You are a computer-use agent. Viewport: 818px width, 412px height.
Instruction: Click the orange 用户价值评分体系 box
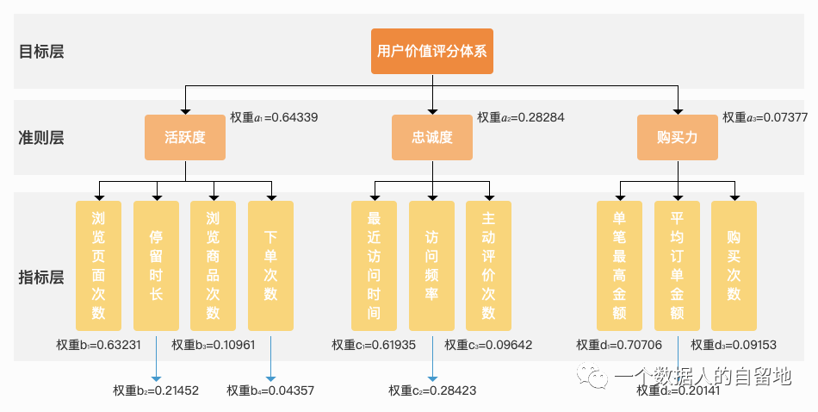[432, 51]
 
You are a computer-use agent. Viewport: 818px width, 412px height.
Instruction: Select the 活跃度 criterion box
[185, 137]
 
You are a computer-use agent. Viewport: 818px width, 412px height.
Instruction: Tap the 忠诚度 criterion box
[432, 137]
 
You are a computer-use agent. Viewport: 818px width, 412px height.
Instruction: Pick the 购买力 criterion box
[678, 137]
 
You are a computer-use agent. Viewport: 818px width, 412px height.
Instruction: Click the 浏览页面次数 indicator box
[98, 265]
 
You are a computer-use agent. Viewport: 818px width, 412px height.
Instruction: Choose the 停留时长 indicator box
[156, 265]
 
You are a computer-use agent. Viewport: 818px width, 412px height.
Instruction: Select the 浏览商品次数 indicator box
[213, 265]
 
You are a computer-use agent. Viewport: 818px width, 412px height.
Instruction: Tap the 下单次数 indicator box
[270, 265]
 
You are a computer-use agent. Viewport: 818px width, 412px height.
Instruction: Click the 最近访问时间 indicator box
[375, 265]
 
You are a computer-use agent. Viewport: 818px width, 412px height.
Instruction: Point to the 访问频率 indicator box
[431, 265]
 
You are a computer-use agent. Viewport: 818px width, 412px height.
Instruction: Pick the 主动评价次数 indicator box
[488, 265]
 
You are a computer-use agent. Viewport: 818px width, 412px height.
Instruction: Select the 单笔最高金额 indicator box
[620, 265]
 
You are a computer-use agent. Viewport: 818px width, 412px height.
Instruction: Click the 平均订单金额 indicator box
[677, 265]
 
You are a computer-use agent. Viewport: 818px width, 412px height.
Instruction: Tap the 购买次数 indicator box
[734, 265]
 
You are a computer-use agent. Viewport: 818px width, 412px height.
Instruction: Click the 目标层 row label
[41, 51]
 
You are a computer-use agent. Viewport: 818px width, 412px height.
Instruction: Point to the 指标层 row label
[41, 277]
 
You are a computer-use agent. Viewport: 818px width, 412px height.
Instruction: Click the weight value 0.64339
[294, 116]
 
